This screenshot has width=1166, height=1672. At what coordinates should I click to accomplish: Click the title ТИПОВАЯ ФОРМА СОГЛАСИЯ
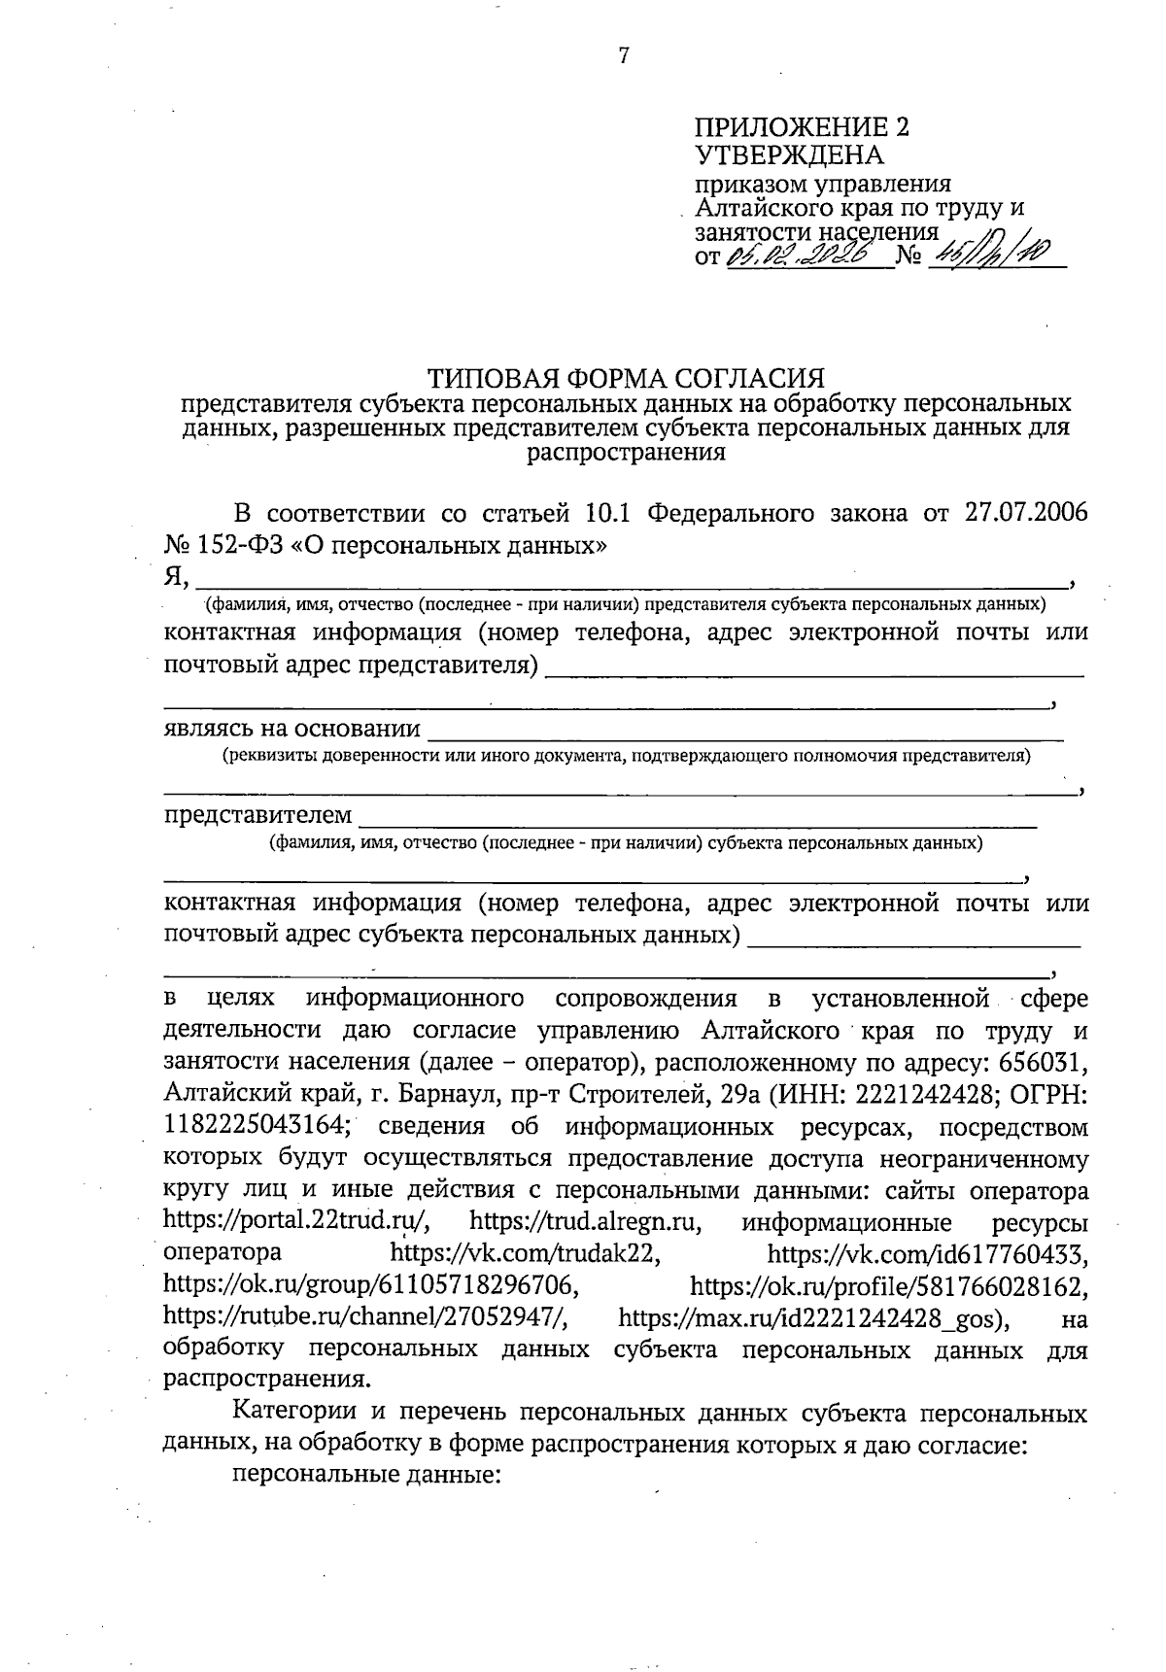click(x=627, y=378)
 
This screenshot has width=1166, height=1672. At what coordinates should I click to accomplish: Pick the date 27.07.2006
click(x=1027, y=513)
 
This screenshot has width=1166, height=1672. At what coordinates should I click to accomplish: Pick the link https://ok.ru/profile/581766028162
click(x=888, y=1286)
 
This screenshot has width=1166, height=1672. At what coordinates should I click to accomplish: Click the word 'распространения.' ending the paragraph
click(x=267, y=1380)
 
